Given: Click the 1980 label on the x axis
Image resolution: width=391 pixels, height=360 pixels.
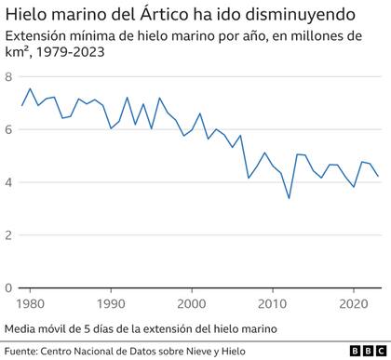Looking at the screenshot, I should coord(30,303).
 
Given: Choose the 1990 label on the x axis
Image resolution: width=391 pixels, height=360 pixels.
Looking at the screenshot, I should coord(111,303).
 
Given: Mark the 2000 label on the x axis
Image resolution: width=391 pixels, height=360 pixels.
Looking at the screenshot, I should coord(192,303).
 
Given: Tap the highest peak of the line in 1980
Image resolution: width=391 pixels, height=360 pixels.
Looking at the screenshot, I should coord(30,89).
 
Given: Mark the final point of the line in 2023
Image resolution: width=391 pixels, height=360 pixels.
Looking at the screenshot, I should coord(378,176).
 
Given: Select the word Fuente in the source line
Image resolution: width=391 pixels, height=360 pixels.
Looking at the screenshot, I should coord(23,351).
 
